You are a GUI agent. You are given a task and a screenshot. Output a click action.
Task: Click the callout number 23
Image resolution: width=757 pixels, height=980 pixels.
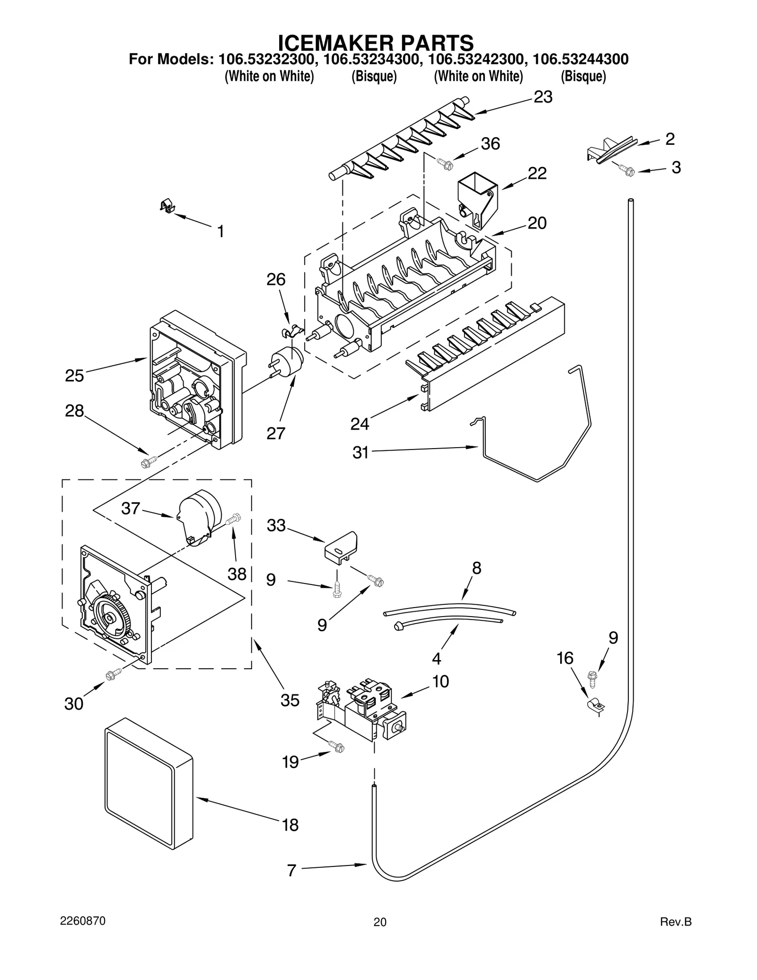click(x=543, y=97)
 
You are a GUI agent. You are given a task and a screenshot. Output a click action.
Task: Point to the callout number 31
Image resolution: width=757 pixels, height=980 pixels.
click(x=360, y=453)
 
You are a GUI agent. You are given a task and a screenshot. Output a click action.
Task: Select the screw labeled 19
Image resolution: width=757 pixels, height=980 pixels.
click(x=337, y=747)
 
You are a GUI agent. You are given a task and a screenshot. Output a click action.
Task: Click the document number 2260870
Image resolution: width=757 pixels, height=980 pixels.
click(x=83, y=921)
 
